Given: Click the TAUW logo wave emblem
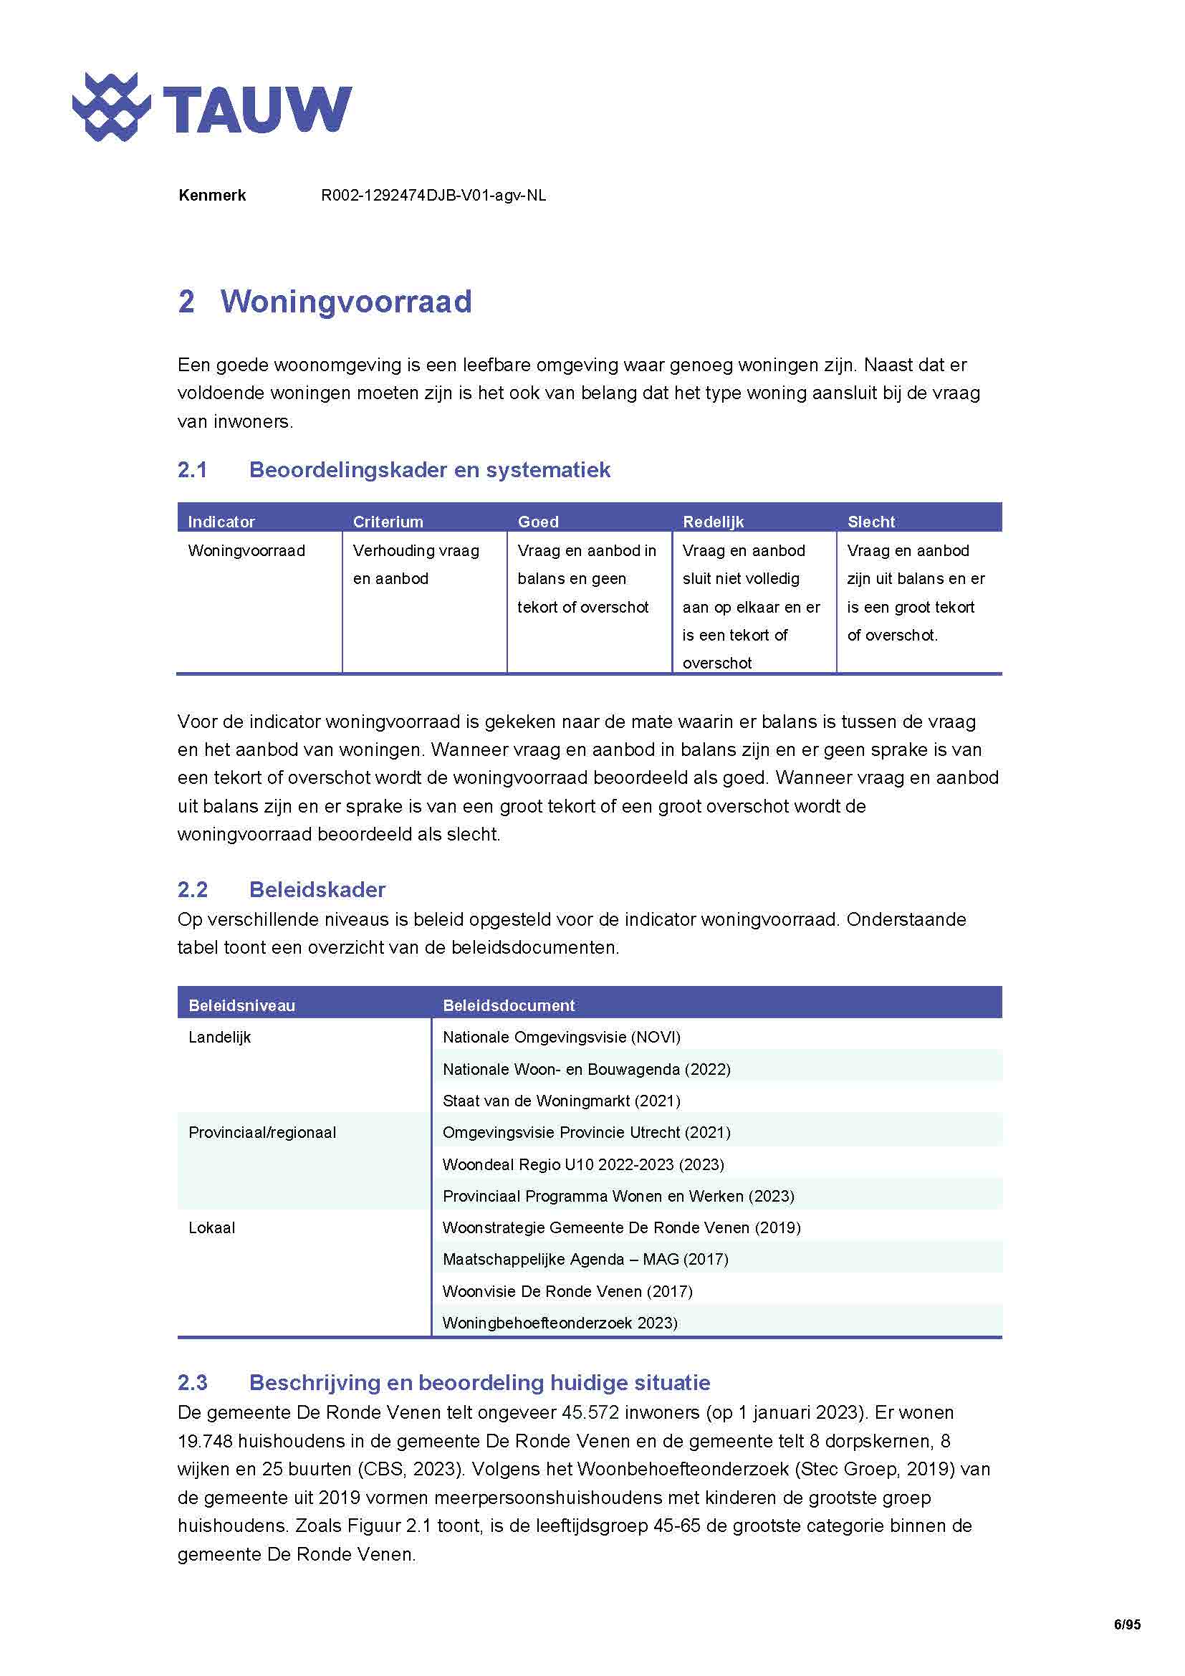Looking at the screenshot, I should coord(111,107).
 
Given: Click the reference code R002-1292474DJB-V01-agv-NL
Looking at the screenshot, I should coord(433,196).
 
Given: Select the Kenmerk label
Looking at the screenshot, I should coord(211,196).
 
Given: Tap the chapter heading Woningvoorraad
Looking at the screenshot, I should coord(346,302).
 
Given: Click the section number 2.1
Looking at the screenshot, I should coord(193,469).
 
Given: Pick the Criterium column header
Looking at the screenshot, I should coord(388,521).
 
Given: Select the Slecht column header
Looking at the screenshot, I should coord(870,521).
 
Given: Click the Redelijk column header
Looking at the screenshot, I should coord(713,521).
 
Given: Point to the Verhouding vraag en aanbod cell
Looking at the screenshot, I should coord(416,564).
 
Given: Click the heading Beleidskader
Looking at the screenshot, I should coord(317,889).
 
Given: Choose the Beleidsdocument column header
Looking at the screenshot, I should coord(509,1005).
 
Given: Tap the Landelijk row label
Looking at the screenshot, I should coord(220,1037).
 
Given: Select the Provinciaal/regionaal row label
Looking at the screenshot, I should coord(262,1132).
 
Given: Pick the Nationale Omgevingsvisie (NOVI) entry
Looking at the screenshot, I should coord(561,1037).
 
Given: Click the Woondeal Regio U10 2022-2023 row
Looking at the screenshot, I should coord(583,1164).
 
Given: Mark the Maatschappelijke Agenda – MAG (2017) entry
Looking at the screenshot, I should coord(585,1258).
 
